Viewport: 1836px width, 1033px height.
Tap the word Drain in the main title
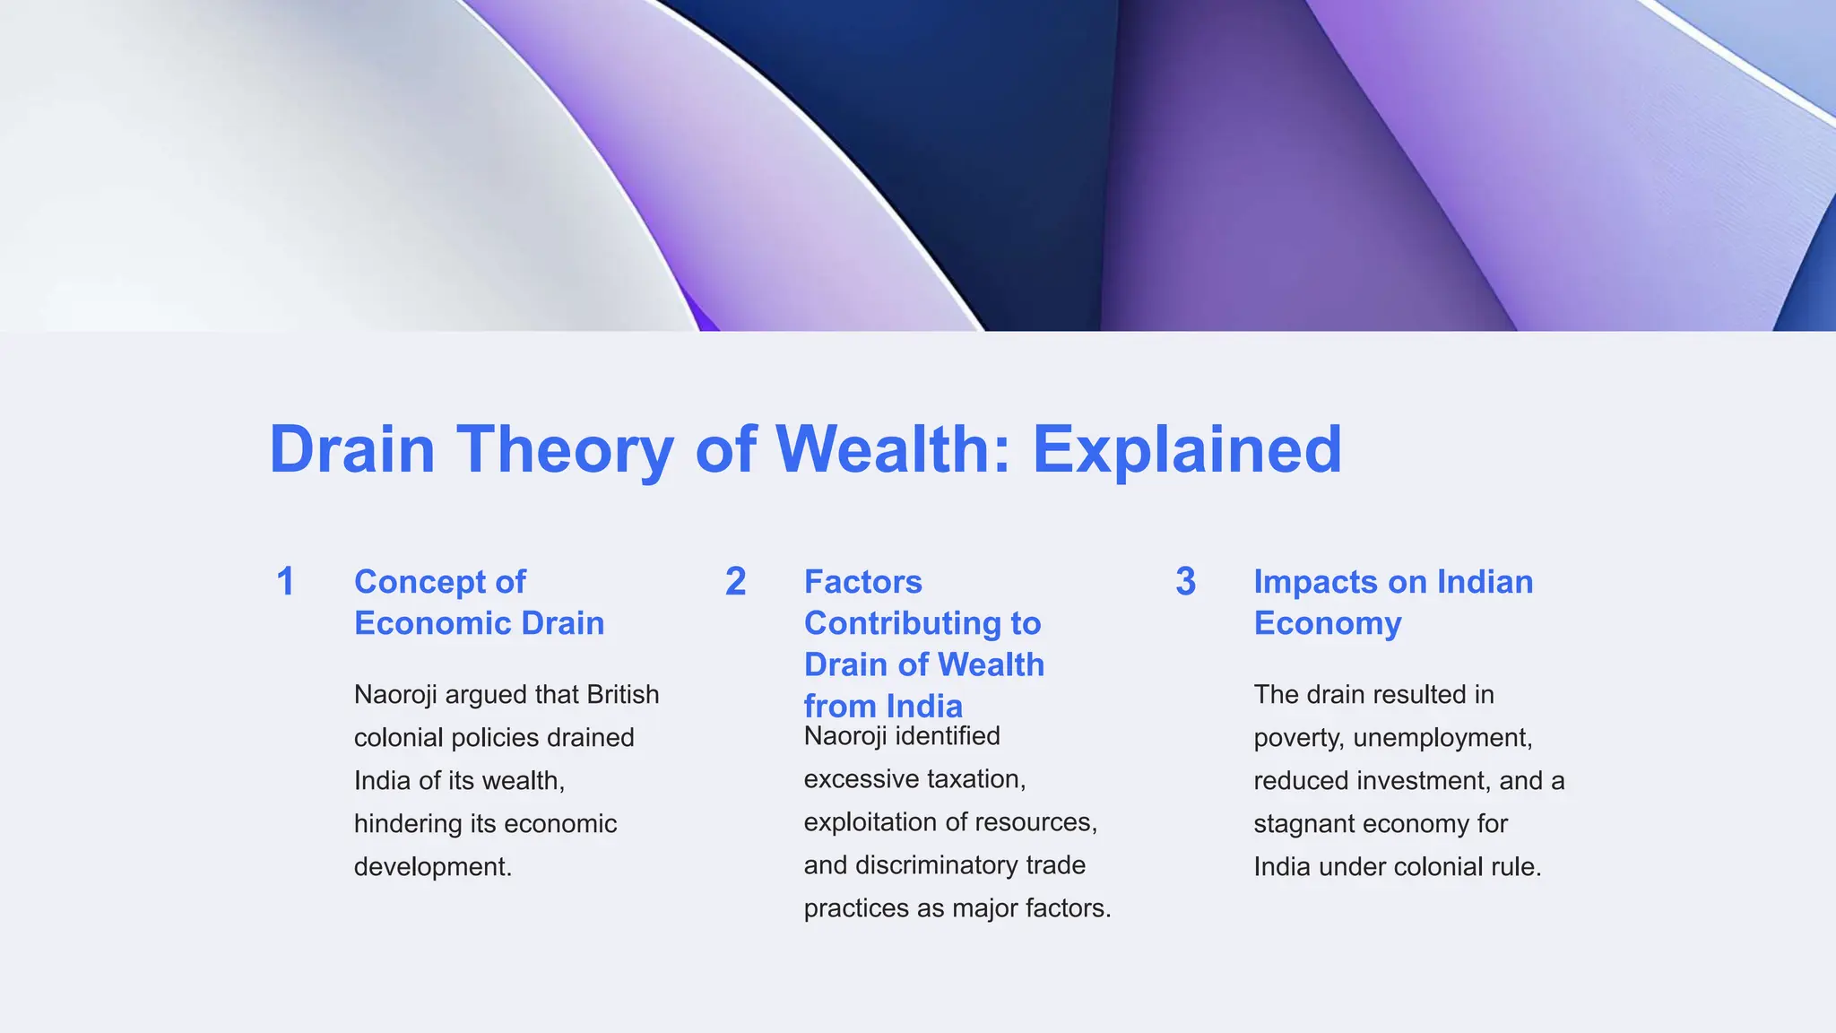352,450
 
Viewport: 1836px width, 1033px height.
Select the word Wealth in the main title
888,450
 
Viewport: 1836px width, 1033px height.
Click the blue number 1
285,582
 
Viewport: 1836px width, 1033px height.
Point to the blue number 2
735,582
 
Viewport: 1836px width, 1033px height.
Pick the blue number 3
1185,582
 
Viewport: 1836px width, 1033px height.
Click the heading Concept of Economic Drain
479,603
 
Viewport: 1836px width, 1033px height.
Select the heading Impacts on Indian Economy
1392,603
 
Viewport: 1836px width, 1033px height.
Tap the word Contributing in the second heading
922,623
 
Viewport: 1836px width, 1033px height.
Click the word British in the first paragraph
622,695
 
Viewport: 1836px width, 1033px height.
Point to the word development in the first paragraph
432,867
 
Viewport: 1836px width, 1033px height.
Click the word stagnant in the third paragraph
1305,824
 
